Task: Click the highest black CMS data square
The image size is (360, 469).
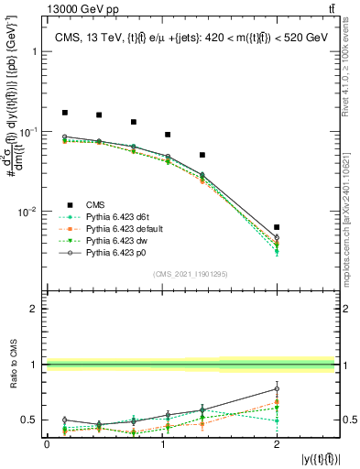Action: point(64,113)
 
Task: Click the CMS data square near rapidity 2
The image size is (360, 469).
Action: point(277,227)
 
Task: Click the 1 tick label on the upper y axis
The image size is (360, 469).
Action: point(35,52)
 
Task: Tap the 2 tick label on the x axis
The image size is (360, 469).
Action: point(277,444)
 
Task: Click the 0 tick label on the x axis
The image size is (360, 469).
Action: point(47,444)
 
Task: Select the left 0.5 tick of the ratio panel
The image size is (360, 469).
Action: point(31,420)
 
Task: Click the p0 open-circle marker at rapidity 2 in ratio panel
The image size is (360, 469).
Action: point(277,388)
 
